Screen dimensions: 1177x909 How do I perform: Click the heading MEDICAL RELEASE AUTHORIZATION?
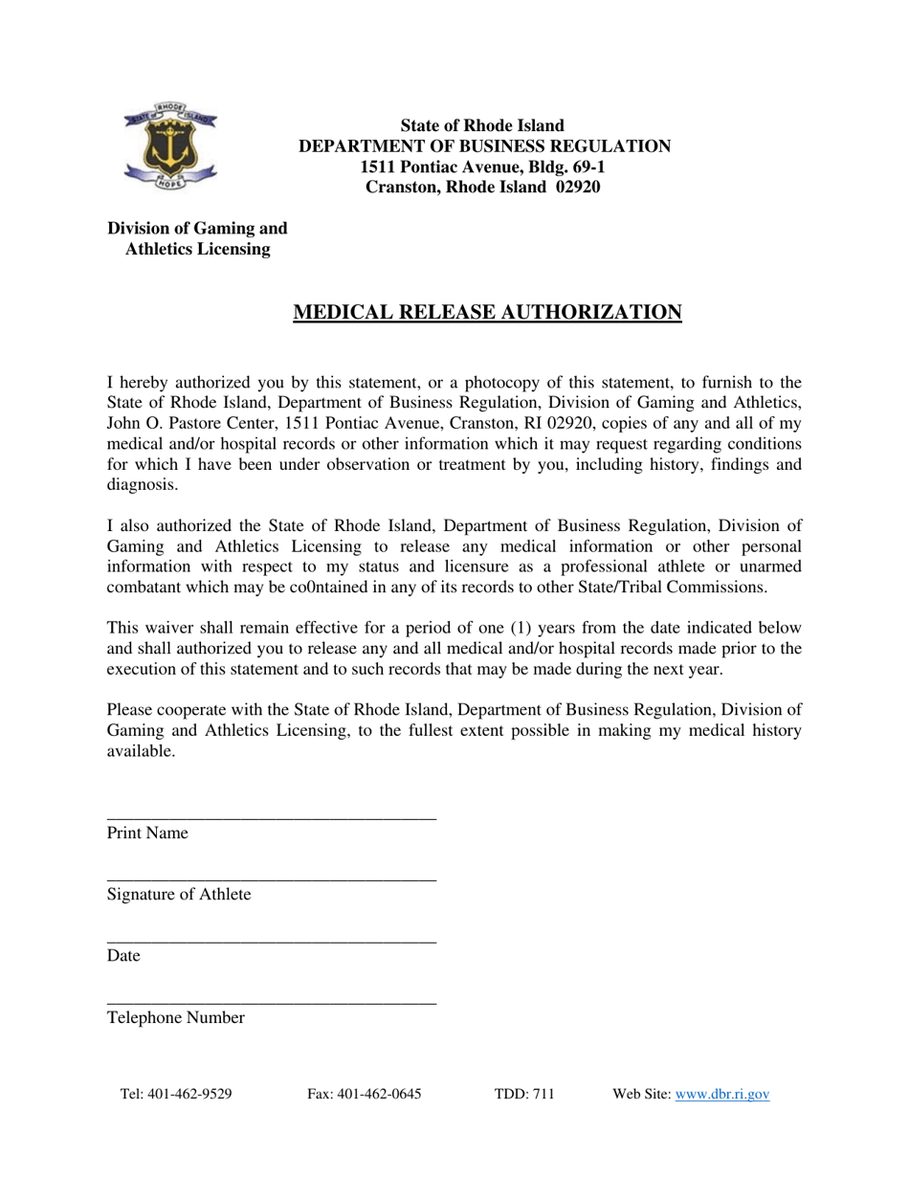tap(486, 313)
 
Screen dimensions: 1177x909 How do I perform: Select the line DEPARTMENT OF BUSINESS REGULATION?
tap(484, 146)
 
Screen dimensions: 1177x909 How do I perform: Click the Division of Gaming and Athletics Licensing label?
tap(197, 239)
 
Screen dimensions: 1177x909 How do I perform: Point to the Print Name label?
tap(147, 833)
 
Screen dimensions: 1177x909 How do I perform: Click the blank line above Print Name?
tap(271, 817)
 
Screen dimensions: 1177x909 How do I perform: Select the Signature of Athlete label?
tap(179, 895)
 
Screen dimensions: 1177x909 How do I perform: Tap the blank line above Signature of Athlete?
tap(271, 879)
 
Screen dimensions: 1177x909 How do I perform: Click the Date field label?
tap(123, 956)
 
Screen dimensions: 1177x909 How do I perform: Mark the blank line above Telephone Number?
tap(271, 1002)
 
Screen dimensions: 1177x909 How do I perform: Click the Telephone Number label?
tap(175, 1018)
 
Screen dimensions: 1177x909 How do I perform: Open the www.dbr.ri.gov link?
tap(722, 1095)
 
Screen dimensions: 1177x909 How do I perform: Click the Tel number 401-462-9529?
tap(189, 1095)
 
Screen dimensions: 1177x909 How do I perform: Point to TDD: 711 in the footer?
tap(524, 1095)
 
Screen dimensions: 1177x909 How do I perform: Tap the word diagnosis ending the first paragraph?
tap(141, 485)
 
